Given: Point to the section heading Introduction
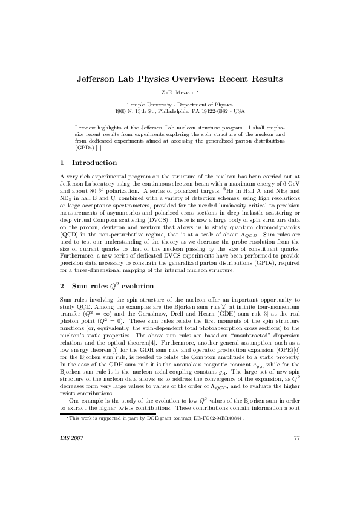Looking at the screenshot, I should [94, 163].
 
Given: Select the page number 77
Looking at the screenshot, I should [296, 472].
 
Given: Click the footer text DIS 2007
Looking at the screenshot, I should [74, 472].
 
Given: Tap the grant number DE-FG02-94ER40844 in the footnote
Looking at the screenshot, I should [235, 452].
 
